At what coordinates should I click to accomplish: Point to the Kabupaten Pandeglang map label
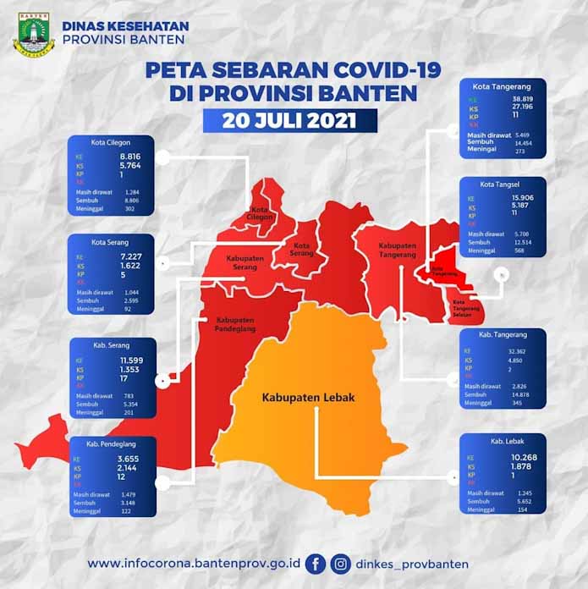(x=239, y=326)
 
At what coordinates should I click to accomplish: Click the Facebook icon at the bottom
(x=315, y=563)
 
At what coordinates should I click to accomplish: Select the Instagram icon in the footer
(x=341, y=563)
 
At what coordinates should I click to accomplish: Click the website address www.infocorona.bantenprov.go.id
(x=192, y=564)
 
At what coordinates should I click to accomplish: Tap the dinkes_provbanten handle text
(x=412, y=564)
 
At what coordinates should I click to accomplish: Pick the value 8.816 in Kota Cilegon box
(x=130, y=157)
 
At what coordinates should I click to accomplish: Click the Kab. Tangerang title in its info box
(x=503, y=334)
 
